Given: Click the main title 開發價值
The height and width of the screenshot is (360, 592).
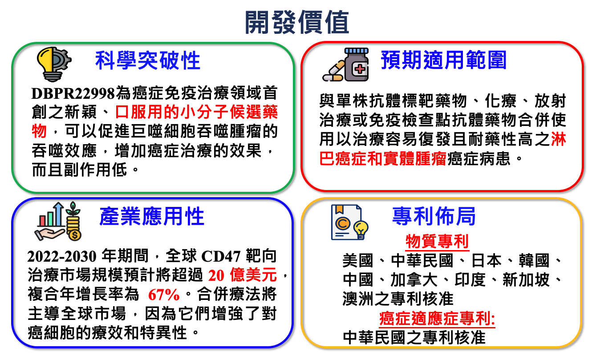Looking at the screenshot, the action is pos(297,22).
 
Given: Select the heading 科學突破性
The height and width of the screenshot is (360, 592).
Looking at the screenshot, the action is pos(148,61).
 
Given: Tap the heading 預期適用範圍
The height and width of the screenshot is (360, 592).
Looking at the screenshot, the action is pos(443,60).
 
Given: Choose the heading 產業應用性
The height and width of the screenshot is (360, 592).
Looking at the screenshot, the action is pos(152,216).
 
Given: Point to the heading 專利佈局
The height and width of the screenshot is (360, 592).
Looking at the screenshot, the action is pos(434,216).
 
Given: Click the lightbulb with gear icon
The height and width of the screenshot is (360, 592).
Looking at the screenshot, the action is pos(54,64).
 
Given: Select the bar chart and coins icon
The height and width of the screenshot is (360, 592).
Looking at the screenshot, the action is pos(58,221).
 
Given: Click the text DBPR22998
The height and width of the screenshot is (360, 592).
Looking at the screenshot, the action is pos(73,93).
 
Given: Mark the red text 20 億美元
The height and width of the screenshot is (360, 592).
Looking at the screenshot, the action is pos(242,275).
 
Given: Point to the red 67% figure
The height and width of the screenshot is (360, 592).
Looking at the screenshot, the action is pos(164,295).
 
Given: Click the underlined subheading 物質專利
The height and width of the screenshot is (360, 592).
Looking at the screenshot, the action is pos(437,241).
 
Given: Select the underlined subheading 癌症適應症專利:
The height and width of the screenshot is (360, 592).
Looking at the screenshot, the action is pos(437,319).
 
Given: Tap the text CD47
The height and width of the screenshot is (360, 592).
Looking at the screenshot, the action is pos(221,256).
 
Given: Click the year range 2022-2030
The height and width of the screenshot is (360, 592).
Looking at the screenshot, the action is pos(62,256).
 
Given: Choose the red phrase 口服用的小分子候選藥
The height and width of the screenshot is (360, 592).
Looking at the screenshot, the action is pos(196,112).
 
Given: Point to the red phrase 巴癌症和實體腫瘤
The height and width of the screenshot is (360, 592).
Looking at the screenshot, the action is pos(383,158).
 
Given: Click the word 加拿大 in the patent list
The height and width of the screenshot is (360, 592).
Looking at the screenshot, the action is pos(414,280).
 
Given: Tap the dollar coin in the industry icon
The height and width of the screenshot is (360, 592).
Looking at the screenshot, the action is pos(74,235).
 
